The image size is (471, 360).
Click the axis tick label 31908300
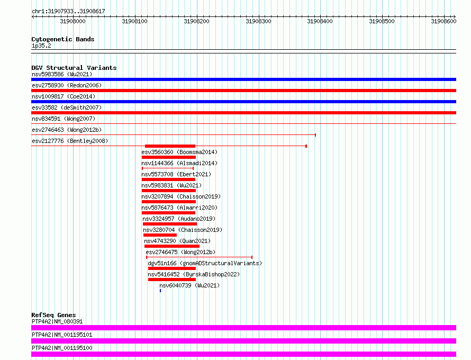258,21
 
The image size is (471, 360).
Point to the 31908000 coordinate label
73,21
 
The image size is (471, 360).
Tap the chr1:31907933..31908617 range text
68,11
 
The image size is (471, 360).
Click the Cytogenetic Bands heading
63,39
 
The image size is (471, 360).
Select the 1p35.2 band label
41,46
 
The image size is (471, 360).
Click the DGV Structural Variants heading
74,68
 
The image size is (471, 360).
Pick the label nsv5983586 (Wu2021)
62,74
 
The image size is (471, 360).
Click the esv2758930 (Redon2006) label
67,85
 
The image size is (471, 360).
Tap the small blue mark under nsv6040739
160,291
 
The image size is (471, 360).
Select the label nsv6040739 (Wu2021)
189,285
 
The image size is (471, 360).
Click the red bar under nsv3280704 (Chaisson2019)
160,235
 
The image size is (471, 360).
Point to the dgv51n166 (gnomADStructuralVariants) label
205,263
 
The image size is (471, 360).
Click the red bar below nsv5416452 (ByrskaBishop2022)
172,280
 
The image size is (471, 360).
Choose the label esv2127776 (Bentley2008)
70,141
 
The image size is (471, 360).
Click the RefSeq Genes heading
53,315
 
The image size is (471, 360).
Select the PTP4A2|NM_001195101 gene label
62,335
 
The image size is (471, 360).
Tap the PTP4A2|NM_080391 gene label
57,321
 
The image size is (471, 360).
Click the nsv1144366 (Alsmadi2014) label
179,163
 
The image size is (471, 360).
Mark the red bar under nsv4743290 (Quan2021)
172,246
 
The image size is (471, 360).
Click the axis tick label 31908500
382,21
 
